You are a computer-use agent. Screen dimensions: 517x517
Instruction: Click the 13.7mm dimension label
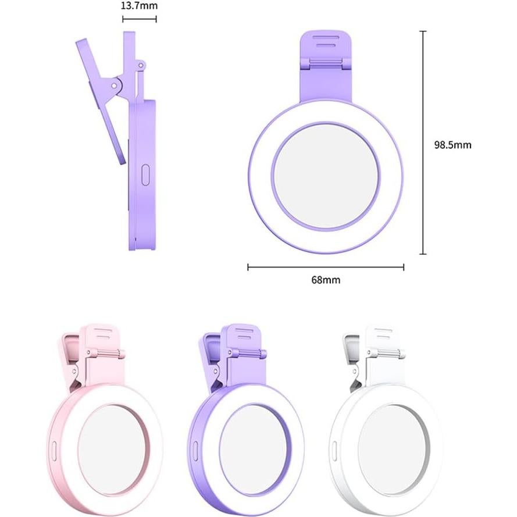click(140, 6)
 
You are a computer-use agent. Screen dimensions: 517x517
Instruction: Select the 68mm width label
click(326, 280)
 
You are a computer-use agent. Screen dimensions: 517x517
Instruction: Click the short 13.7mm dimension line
click(140, 19)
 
